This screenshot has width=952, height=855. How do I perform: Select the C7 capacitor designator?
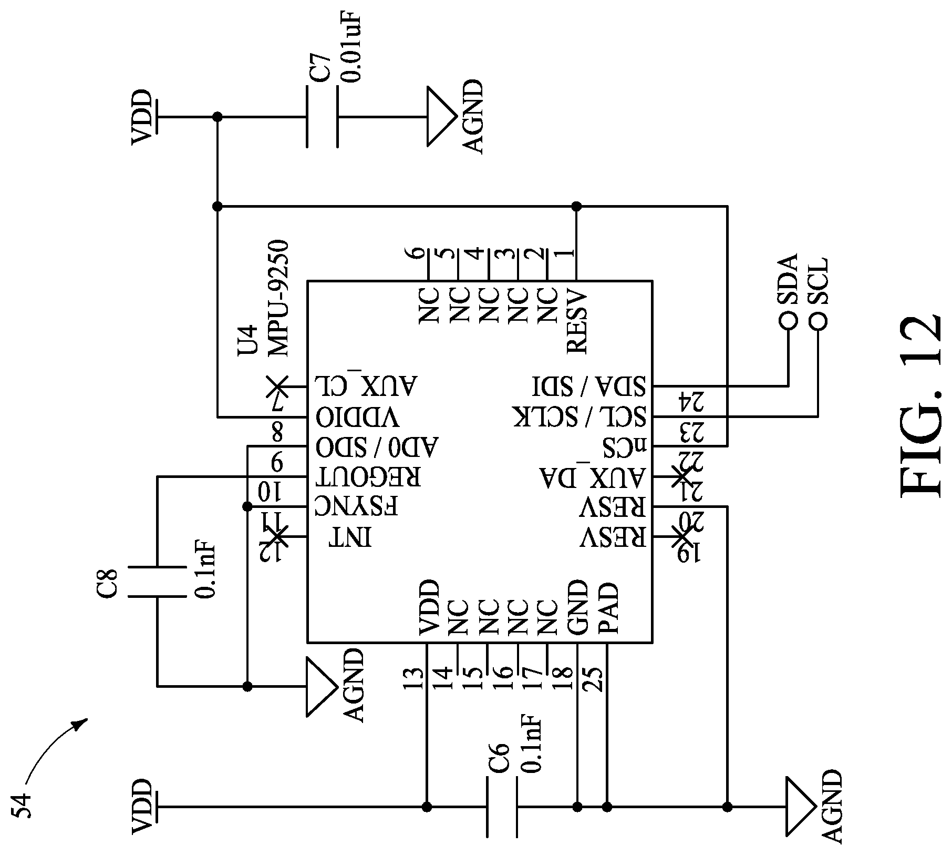(x=320, y=66)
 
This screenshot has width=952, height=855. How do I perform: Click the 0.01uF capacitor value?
(x=350, y=48)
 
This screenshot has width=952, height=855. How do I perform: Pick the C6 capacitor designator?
(x=500, y=757)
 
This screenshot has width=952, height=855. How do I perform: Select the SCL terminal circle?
(x=818, y=320)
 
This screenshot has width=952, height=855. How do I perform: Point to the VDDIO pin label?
(x=357, y=418)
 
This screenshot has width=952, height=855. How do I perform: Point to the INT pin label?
(x=350, y=537)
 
